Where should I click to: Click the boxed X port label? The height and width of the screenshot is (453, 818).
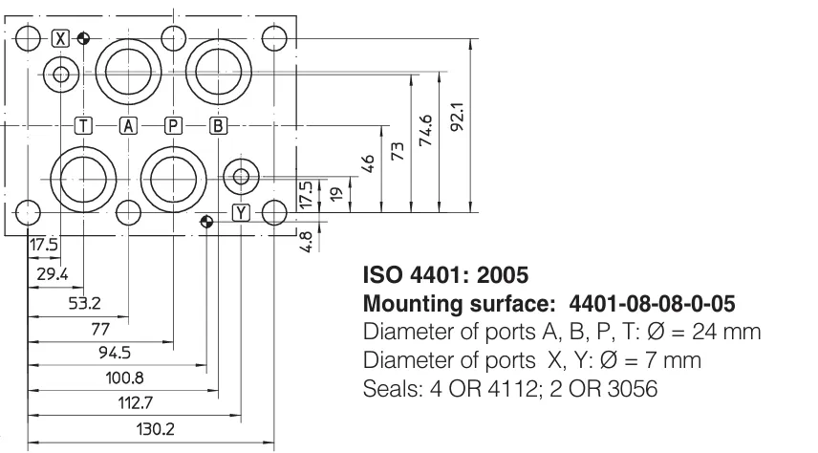pyautogui.click(x=61, y=38)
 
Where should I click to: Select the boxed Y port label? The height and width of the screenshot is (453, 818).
pyautogui.click(x=241, y=213)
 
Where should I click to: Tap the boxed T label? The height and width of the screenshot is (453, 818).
pyautogui.click(x=83, y=126)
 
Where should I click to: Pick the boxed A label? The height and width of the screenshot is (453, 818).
pyautogui.click(x=128, y=126)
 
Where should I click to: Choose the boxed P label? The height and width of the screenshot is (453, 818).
pyautogui.click(x=173, y=126)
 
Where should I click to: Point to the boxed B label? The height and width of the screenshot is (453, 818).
pyautogui.click(x=218, y=126)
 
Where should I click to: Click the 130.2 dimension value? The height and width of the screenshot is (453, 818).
pyautogui.click(x=156, y=429)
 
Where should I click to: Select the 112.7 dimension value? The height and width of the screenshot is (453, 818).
pyautogui.click(x=135, y=403)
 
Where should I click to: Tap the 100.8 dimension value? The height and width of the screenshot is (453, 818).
pyautogui.click(x=124, y=377)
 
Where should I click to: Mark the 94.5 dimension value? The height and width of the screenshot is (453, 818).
pyautogui.click(x=115, y=353)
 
